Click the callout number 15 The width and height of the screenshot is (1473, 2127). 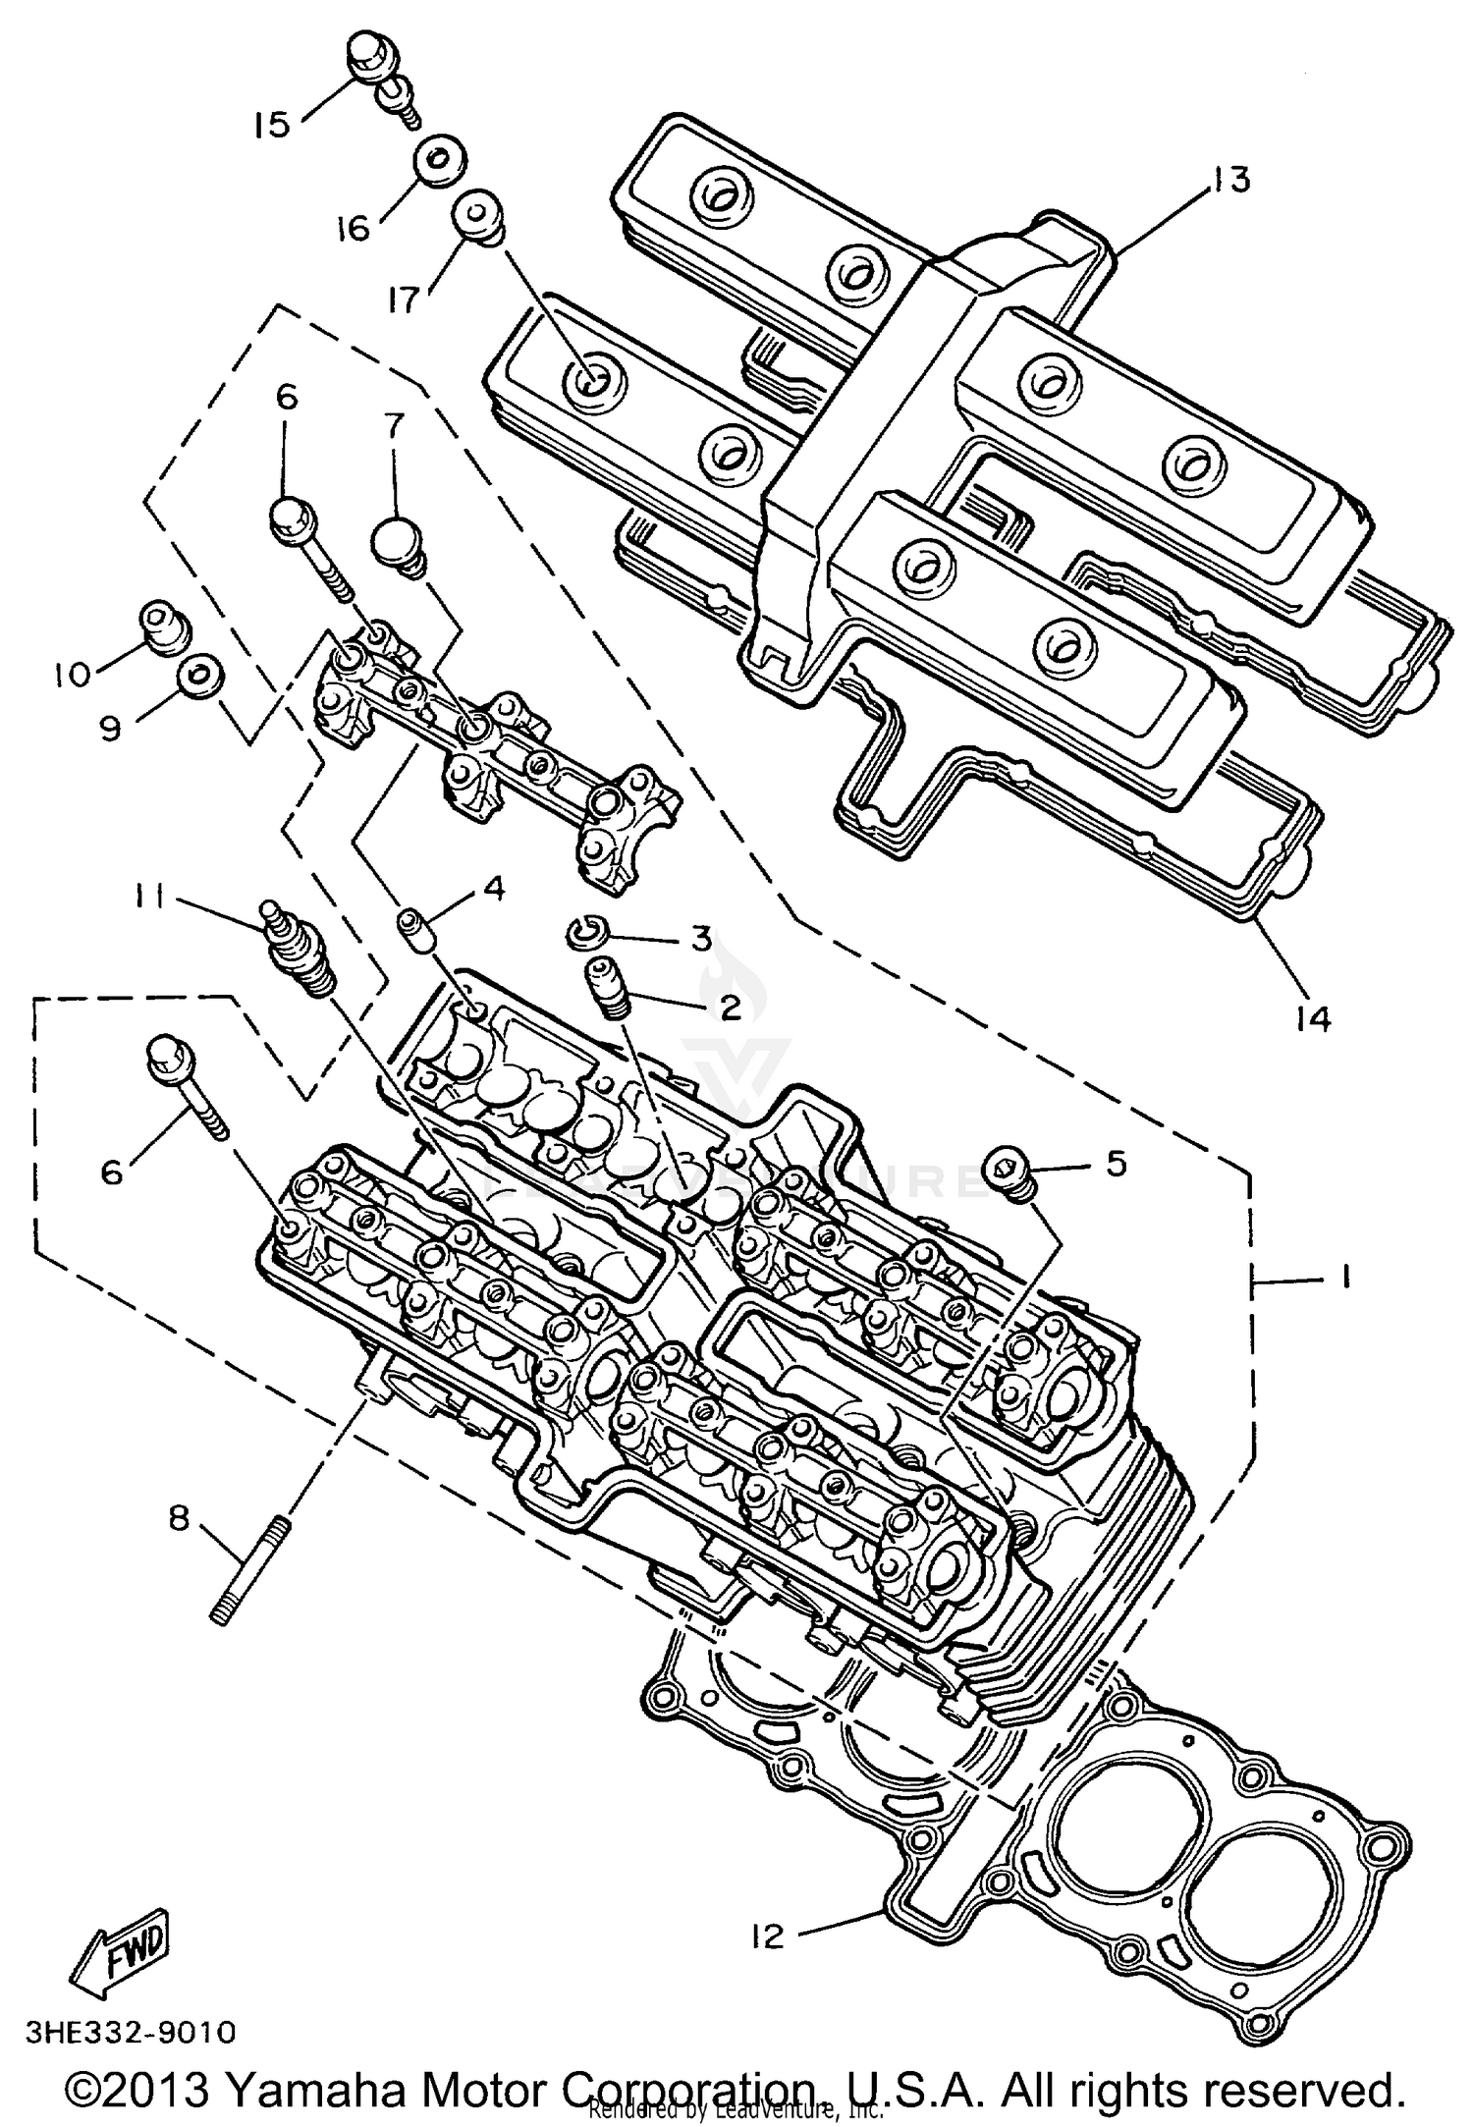[271, 125]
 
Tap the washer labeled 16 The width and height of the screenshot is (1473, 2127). [439, 162]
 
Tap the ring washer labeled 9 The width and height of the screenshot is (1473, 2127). [198, 674]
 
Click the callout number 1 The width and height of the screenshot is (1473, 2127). [1344, 1276]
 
